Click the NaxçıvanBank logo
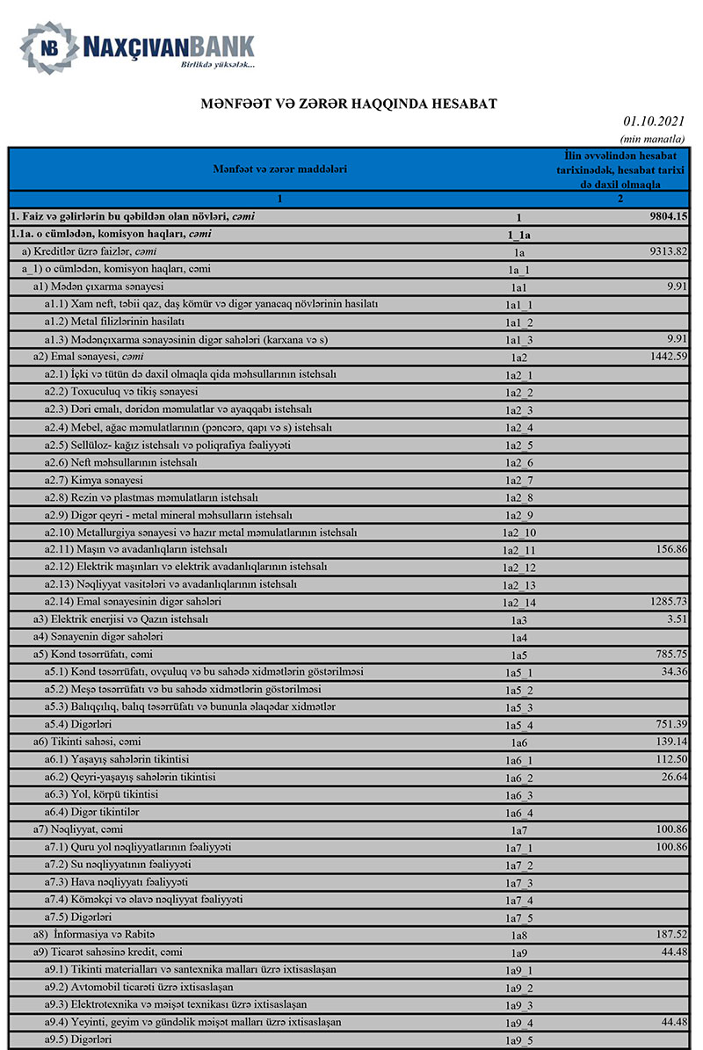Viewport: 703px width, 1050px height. [x=139, y=49]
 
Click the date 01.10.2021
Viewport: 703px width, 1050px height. [x=654, y=121]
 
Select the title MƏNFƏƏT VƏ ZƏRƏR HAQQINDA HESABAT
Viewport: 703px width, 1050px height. [x=349, y=104]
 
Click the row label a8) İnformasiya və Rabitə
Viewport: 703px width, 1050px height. [x=94, y=934]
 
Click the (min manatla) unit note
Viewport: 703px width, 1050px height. [x=652, y=139]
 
